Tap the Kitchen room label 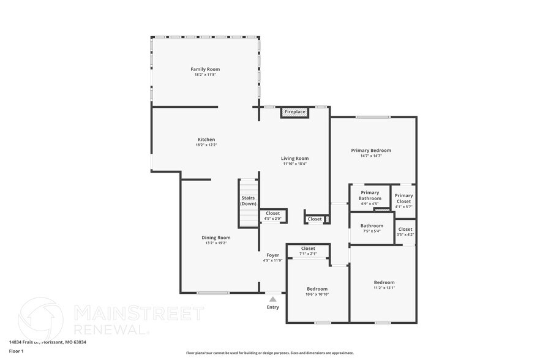206,140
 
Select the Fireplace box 294,112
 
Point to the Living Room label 294,159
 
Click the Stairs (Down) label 248,201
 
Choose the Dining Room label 216,238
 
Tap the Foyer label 272,255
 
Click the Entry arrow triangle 272,299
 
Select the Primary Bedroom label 370,150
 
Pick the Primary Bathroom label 370,195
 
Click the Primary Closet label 403,198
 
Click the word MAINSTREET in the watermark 138,313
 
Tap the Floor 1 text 16,351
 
